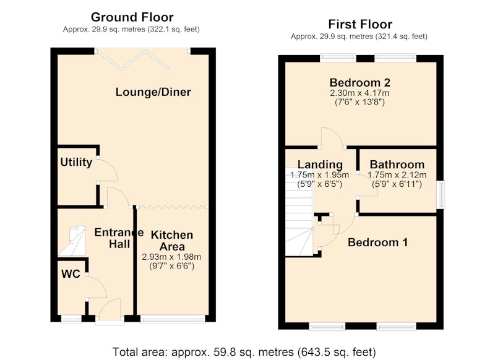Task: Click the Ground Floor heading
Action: pyautogui.click(x=132, y=17)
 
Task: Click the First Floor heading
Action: pyautogui.click(x=360, y=24)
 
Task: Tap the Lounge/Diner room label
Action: pyautogui.click(x=153, y=92)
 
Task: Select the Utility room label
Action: pyautogui.click(x=76, y=162)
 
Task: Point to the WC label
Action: pyautogui.click(x=71, y=274)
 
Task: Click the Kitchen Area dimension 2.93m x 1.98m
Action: pyautogui.click(x=171, y=257)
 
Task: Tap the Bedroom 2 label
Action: pyautogui.click(x=360, y=83)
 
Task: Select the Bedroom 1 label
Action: pyautogui.click(x=377, y=242)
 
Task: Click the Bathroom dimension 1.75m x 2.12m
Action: pyautogui.click(x=397, y=175)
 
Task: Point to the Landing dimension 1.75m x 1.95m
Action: pyautogui.click(x=319, y=175)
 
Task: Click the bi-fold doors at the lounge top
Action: pyautogui.click(x=133, y=59)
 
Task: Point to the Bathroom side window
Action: pyautogui.click(x=441, y=194)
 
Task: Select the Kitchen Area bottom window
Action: pyautogui.click(x=173, y=319)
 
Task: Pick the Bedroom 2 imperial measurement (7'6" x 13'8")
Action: pyautogui.click(x=359, y=102)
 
